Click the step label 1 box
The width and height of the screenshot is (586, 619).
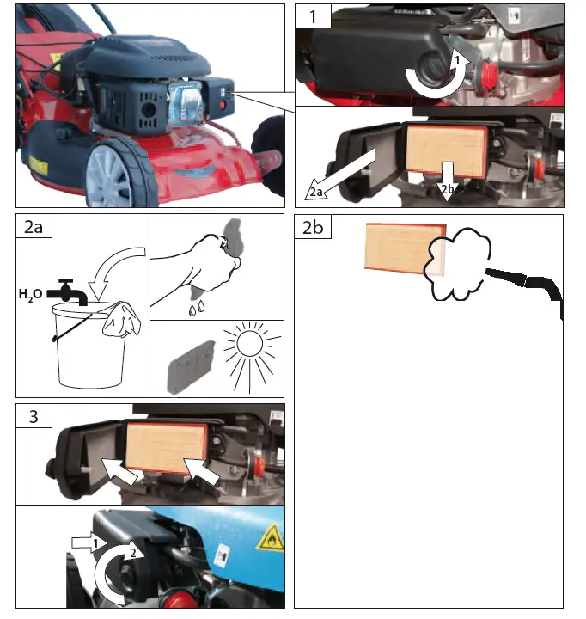313,15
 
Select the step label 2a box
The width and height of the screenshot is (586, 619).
34,227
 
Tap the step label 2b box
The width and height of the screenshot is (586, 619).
313,227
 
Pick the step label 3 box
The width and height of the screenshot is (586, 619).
34,416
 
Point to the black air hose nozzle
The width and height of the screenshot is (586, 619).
507,276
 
